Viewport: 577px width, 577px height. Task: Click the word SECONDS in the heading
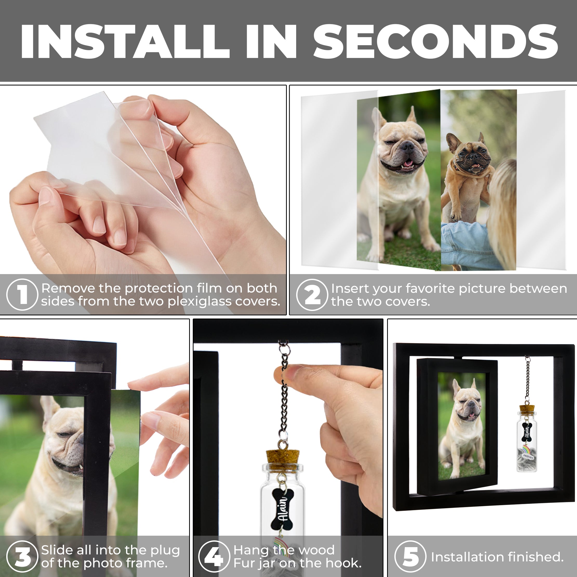point(435,42)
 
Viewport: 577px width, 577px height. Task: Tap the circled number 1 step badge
point(22,294)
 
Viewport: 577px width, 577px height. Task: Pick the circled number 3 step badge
point(22,556)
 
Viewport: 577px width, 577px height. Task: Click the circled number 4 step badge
point(214,556)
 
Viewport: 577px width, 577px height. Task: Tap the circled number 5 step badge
point(410,556)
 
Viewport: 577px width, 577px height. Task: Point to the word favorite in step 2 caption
point(430,288)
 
